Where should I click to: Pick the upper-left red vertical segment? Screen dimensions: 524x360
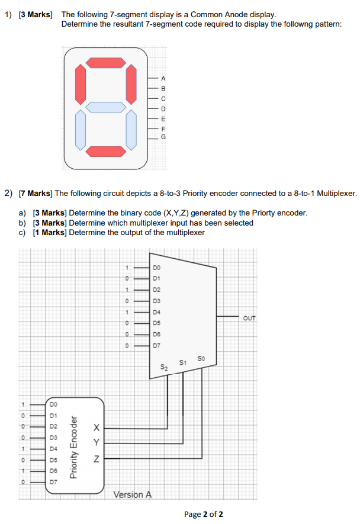pyautogui.click(x=81, y=84)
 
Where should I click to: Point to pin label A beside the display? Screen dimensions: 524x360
pyautogui.click(x=164, y=79)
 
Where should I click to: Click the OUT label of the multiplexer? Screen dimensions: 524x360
pyautogui.click(x=249, y=318)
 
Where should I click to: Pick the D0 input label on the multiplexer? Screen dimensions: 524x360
pyautogui.click(x=156, y=268)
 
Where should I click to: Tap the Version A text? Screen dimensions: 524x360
pyautogui.click(x=132, y=494)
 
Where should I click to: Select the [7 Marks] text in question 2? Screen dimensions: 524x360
pyautogui.click(x=37, y=192)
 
